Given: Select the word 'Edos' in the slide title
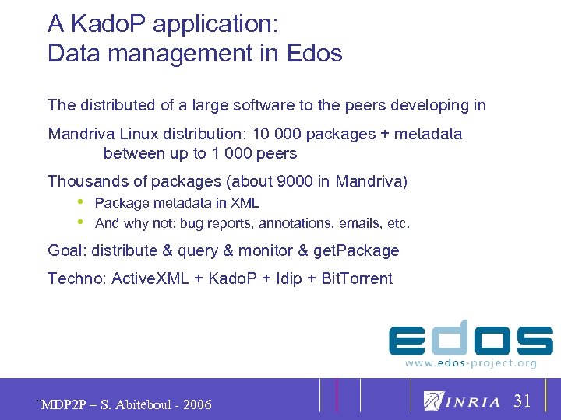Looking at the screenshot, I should click(314, 54).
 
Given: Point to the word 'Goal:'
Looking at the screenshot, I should click(67, 250).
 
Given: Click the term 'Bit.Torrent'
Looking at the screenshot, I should click(357, 278).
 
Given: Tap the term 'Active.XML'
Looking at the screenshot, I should click(150, 278).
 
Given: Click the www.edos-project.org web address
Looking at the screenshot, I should click(471, 362).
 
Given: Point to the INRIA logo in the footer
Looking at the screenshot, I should click(462, 401).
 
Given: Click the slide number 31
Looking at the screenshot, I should click(522, 401).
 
